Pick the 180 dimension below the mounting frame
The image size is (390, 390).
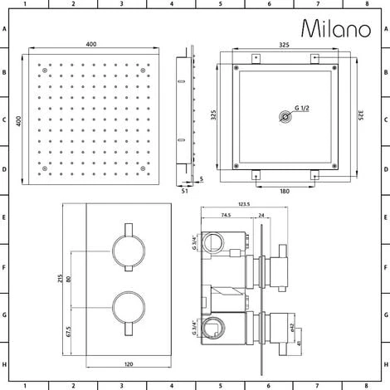285,191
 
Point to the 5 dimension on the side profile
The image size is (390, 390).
202,178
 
